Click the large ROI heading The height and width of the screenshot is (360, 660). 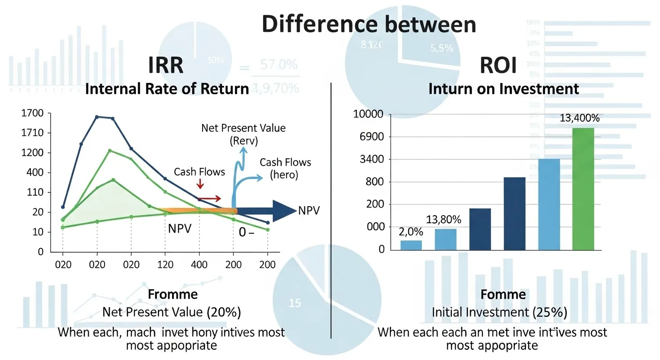[498, 65]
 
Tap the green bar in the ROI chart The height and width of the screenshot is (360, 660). [583, 188]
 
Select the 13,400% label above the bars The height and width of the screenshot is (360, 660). [579, 119]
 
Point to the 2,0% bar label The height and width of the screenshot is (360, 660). [411, 232]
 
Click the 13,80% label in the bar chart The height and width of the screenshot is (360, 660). [443, 219]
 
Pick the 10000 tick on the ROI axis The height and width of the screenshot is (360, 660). [370, 115]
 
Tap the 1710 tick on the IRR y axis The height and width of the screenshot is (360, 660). [32, 133]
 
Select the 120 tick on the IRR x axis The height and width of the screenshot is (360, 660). [165, 265]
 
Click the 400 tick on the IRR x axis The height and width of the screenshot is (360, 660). [199, 265]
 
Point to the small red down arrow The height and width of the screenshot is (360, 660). [199, 189]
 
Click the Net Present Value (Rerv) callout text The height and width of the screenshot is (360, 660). [243, 134]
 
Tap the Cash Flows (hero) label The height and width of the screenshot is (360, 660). [285, 169]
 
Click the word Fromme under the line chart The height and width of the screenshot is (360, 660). [172, 294]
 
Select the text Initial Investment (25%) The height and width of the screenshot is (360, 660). [500, 313]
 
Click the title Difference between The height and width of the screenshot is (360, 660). [368, 24]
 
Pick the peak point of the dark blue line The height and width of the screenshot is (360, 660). [97, 117]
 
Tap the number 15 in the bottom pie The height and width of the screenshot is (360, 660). [294, 303]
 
